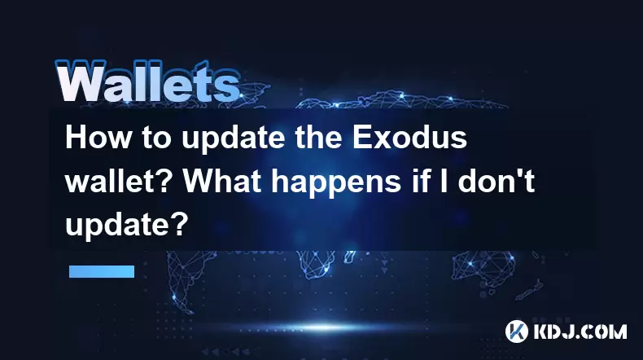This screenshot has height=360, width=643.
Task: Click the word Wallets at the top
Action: click(x=147, y=81)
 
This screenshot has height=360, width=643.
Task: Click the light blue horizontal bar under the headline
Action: click(x=102, y=271)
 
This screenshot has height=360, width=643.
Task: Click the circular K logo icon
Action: click(x=517, y=331)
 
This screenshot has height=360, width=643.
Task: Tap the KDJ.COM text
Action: click(x=580, y=331)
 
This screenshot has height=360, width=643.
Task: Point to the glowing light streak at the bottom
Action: click(x=324, y=327)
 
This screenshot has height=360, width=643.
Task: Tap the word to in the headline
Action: click(x=156, y=138)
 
